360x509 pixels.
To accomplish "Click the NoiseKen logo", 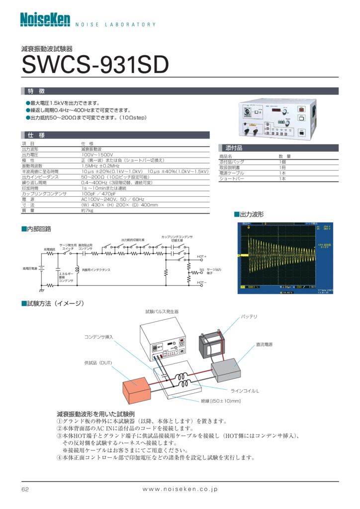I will (x=45, y=19).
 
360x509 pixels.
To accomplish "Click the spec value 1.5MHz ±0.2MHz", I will (x=101, y=166).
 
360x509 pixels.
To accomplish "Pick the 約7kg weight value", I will (x=87, y=210).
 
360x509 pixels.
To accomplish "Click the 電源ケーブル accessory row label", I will (x=232, y=173).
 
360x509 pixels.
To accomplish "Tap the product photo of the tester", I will (x=277, y=119).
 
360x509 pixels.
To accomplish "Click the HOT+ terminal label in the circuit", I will (x=201, y=256).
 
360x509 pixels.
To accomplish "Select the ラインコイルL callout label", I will (x=245, y=390).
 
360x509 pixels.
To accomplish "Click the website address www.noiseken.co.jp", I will (x=180, y=490).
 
